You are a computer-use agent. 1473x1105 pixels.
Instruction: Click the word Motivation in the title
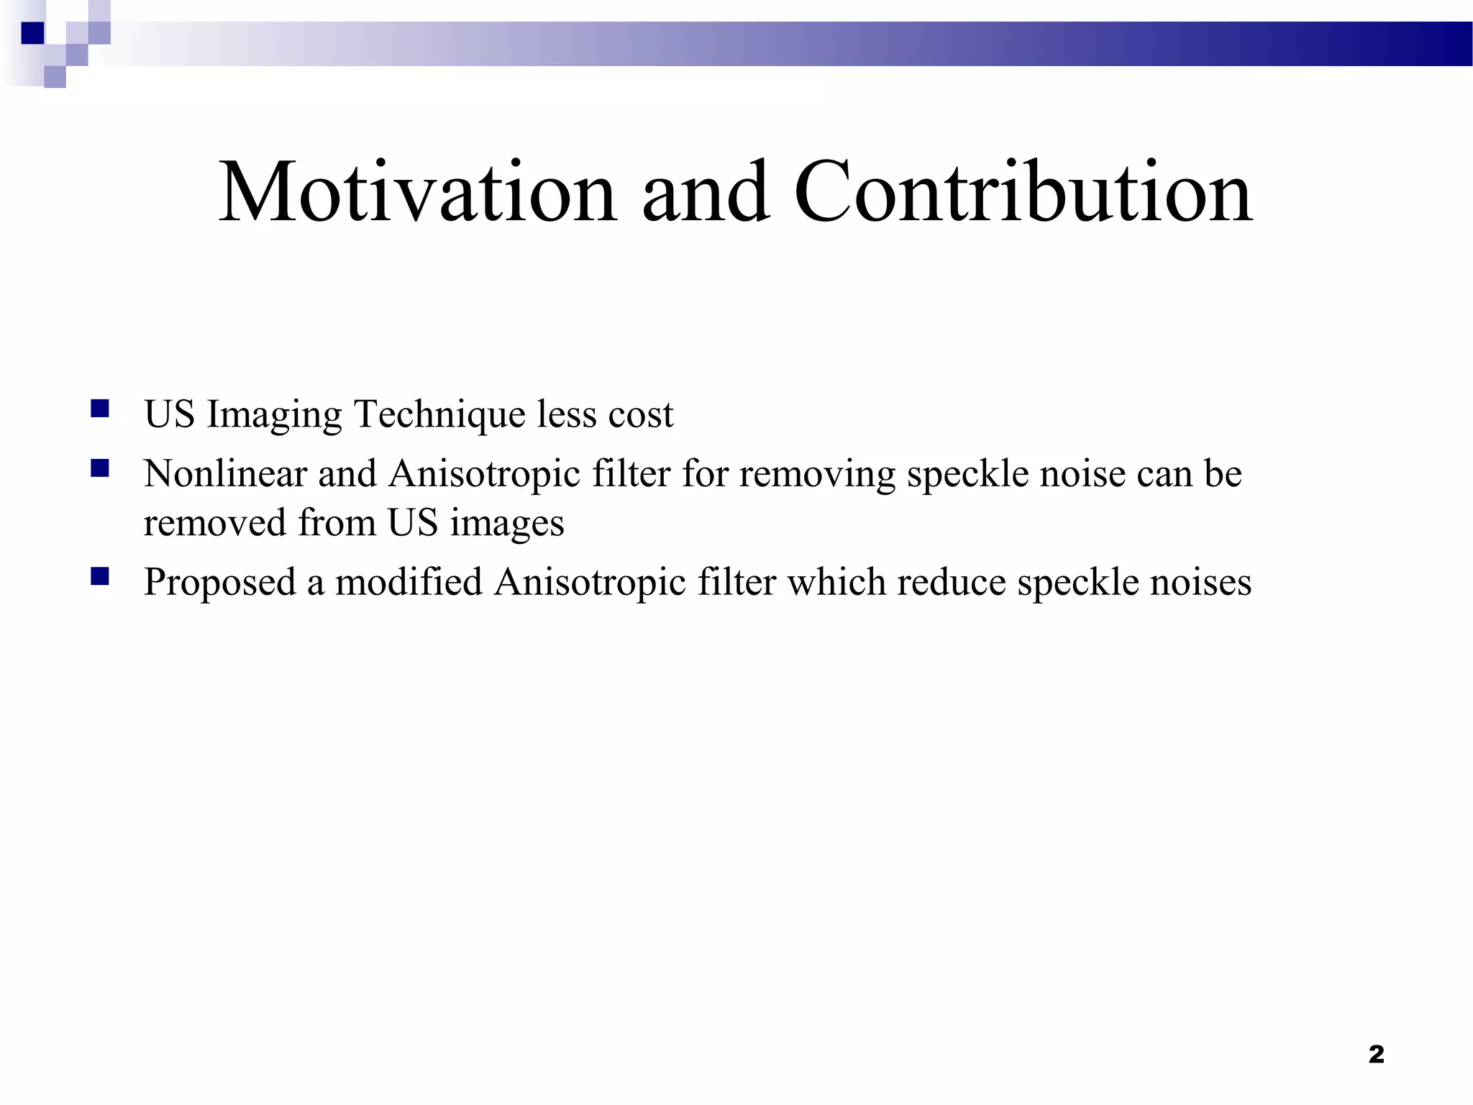tap(417, 192)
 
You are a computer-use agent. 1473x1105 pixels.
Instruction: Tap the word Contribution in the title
tap(1023, 192)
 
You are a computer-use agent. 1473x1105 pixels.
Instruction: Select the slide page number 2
tap(1376, 1054)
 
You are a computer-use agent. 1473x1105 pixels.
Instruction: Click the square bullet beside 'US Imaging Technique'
tap(100, 409)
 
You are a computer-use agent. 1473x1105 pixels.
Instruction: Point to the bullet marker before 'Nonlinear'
tap(100, 469)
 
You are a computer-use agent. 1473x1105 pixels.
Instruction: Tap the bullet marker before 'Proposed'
tap(100, 576)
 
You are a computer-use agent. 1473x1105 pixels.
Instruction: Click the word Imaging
tap(274, 415)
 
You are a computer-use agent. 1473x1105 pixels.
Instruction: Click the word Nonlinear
tap(225, 474)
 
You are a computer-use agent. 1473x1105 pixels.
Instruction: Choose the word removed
tap(215, 522)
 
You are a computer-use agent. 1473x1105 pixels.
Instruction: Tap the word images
tap(507, 524)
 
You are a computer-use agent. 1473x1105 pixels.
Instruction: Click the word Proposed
tap(219, 583)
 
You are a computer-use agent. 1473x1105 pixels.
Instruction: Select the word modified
tap(409, 582)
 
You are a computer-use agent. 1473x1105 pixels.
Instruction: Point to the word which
tap(836, 582)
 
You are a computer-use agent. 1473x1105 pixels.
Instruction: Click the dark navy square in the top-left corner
tap(32, 33)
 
